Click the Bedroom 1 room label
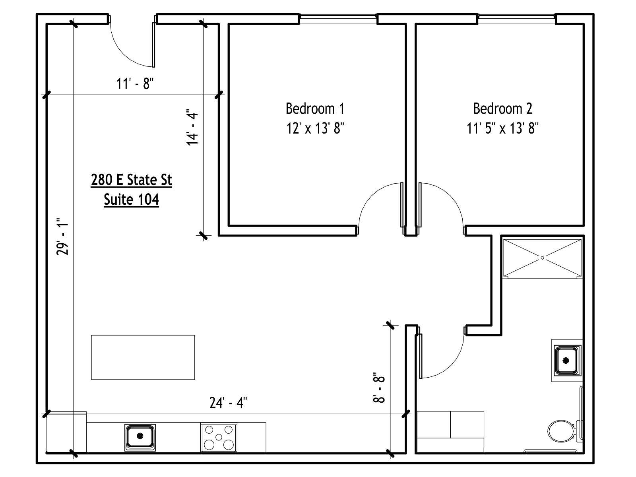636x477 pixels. tap(315, 108)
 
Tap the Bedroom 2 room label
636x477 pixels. tap(502, 108)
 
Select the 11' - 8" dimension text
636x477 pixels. tap(135, 84)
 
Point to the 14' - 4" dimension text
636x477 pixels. tap(193, 127)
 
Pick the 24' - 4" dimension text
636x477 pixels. tap(229, 403)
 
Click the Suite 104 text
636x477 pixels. tap(131, 199)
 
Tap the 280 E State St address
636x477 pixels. tap(131, 180)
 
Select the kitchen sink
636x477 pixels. tap(140, 436)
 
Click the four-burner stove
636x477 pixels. tap(219, 437)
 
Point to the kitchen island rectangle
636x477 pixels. tap(143, 357)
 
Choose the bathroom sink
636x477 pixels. tap(566, 361)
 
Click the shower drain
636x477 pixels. tap(543, 257)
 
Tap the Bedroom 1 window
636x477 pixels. tap(337, 17)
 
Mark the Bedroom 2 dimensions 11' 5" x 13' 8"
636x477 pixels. tap(502, 128)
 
